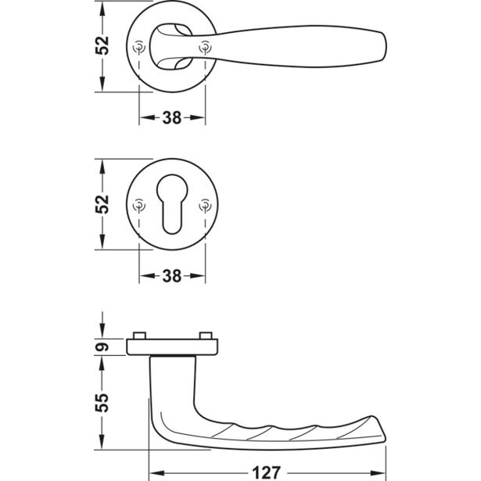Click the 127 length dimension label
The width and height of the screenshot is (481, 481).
click(266, 472)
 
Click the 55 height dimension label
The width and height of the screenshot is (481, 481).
click(102, 403)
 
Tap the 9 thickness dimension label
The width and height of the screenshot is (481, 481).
click(102, 347)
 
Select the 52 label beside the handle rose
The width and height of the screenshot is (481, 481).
click(102, 45)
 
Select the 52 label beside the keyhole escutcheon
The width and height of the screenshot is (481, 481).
click(102, 204)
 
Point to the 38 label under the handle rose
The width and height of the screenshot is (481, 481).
click(172, 118)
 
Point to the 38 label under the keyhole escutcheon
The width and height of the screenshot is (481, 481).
click(172, 276)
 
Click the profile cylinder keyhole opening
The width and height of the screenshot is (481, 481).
click(172, 204)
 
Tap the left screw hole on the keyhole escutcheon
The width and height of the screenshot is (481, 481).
click(139, 205)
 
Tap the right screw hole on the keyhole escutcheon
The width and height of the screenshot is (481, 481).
click(205, 205)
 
